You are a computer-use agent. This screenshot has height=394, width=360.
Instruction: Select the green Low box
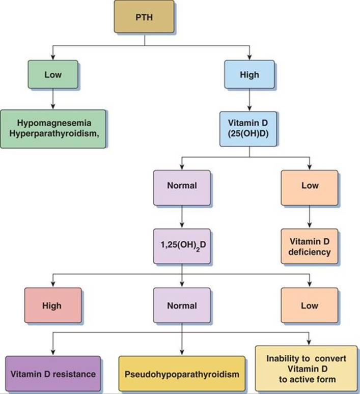[x=53, y=75]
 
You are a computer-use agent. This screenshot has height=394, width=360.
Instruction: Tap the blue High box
[x=249, y=75]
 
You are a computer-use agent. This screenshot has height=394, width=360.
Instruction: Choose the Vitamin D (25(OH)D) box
[x=249, y=129]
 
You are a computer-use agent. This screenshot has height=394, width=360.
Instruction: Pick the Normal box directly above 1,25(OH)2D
[x=182, y=186]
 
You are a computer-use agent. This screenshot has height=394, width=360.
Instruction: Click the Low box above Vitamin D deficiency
[x=309, y=186]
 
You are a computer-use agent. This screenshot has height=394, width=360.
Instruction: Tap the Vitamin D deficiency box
[x=309, y=246]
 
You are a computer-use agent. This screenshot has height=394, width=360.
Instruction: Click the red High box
[x=52, y=305]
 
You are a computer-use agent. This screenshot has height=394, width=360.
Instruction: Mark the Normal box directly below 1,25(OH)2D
[x=182, y=305]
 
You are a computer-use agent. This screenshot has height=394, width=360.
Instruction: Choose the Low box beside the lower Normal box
[x=309, y=305]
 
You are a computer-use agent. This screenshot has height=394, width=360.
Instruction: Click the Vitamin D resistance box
[x=52, y=374]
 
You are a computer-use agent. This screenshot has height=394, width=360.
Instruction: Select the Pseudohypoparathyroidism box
[x=182, y=374]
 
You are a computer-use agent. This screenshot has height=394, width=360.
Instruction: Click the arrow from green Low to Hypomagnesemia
[x=53, y=100]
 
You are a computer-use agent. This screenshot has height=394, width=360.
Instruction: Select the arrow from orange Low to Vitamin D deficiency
[x=309, y=216]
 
